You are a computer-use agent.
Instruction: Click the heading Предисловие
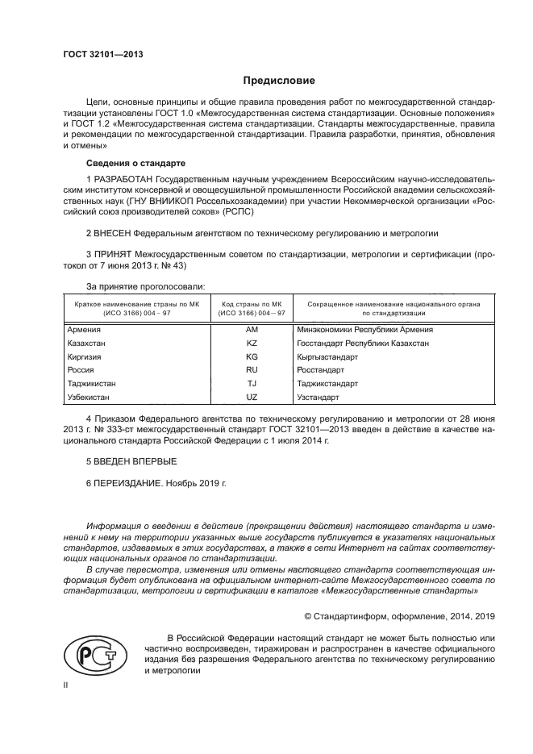280,81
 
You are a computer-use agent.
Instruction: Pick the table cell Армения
85,330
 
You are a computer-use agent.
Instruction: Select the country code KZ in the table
251,344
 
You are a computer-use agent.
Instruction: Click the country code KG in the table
251,356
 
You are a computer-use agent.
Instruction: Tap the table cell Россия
81,370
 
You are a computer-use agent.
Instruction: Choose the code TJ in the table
251,384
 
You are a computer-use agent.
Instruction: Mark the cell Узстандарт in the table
318,398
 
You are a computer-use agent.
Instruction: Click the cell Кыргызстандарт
327,356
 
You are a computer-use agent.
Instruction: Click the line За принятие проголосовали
145,285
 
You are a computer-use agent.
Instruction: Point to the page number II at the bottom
66,684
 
